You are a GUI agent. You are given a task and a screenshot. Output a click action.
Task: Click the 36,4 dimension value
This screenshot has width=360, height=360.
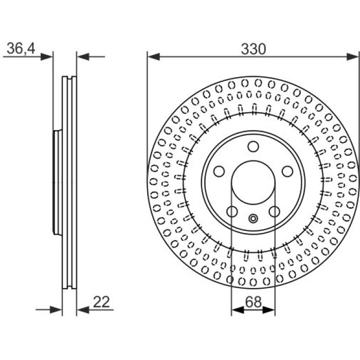(21, 48)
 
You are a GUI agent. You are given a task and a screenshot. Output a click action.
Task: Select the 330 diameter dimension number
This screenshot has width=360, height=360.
(253, 49)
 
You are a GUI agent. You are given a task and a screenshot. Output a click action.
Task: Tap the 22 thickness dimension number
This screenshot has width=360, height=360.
(101, 302)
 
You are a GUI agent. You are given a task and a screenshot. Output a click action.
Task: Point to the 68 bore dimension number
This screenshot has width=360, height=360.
(253, 302)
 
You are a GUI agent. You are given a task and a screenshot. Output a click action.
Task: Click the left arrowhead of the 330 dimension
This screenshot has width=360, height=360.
(154, 57)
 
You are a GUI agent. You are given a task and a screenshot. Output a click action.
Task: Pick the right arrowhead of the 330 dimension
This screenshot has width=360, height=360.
(352, 57)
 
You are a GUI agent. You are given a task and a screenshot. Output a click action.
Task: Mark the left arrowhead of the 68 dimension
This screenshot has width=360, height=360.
(238, 310)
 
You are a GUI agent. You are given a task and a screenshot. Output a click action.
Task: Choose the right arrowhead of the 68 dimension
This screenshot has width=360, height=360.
(268, 310)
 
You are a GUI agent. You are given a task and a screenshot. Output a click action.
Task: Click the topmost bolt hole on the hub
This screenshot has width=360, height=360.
(253, 147)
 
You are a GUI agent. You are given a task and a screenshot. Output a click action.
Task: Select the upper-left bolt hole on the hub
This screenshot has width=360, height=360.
(219, 171)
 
